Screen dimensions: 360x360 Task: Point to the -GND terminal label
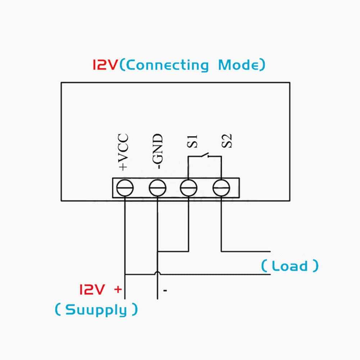pos(157,152)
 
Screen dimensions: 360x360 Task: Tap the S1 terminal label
pos(192,141)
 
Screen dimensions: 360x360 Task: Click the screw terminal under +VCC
pos(125,188)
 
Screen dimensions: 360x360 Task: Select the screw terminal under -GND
pos(157,188)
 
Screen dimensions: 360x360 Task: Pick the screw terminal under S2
pos(221,188)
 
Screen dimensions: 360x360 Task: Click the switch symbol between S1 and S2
pos(205,156)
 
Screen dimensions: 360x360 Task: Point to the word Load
pos(290,266)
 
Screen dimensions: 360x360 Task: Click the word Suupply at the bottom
pos(96,310)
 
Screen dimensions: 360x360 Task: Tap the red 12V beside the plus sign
pos(92,289)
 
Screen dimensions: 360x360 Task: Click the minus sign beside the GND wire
pos(165,290)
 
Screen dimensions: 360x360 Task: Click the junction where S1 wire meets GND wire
pos(158,251)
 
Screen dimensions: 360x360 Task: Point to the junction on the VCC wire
pos(125,275)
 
